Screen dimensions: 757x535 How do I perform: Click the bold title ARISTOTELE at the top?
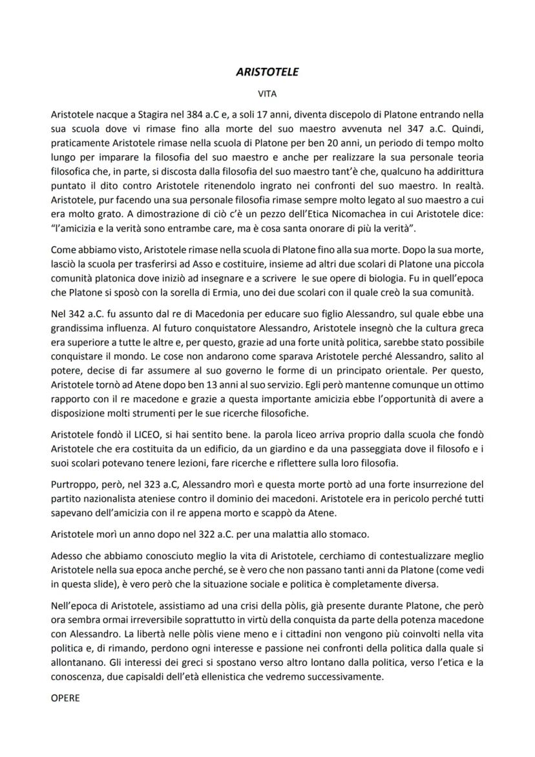click(267, 72)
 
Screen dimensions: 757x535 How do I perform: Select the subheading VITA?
click(267, 93)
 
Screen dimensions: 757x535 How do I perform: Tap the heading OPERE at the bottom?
click(65, 698)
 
